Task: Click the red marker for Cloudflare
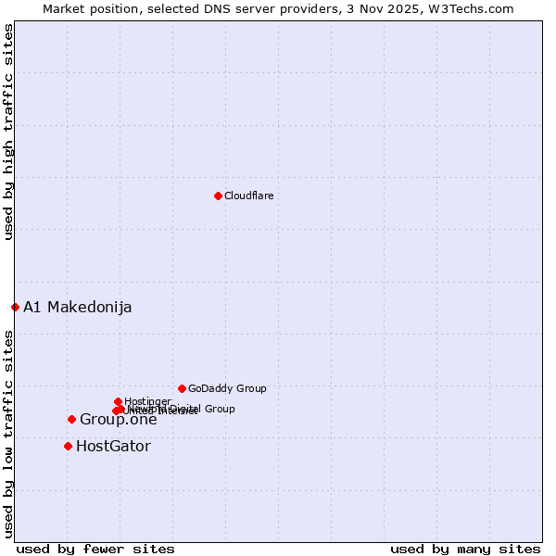click(x=218, y=196)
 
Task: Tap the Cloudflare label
click(x=248, y=196)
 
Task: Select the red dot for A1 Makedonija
click(x=15, y=307)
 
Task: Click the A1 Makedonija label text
click(x=77, y=307)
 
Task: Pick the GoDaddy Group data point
click(x=182, y=388)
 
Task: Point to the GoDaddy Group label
click(x=227, y=389)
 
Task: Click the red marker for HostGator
click(x=68, y=446)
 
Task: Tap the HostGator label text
click(x=113, y=446)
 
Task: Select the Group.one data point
click(x=71, y=419)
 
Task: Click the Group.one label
click(x=118, y=420)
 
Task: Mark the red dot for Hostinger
click(x=118, y=401)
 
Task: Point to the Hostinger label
click(x=147, y=401)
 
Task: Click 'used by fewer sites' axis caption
click(x=95, y=549)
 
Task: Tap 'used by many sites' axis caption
click(x=465, y=549)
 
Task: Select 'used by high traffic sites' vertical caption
click(x=8, y=132)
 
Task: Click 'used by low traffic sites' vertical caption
click(x=8, y=433)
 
